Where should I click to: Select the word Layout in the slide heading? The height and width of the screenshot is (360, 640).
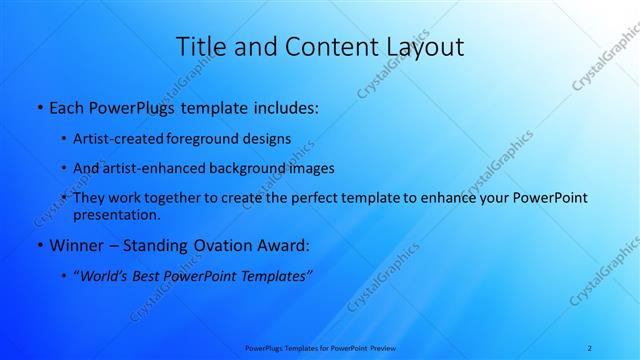point(420,47)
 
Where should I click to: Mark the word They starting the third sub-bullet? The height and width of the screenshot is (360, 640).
point(89,198)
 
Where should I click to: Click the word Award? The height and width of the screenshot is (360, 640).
point(283,245)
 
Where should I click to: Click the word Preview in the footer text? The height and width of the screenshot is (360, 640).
point(382,347)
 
